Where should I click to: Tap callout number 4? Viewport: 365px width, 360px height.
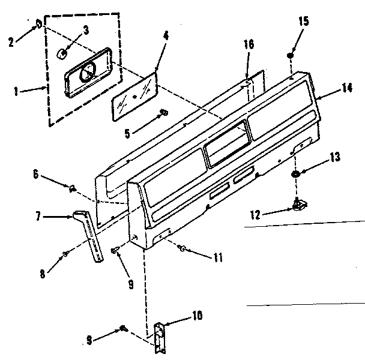pos(165,36)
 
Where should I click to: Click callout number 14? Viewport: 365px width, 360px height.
pos(347,88)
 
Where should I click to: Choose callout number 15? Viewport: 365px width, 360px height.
pos(303,22)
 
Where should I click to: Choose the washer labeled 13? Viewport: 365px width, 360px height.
pos(297,175)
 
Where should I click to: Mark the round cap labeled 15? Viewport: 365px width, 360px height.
pos(290,56)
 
